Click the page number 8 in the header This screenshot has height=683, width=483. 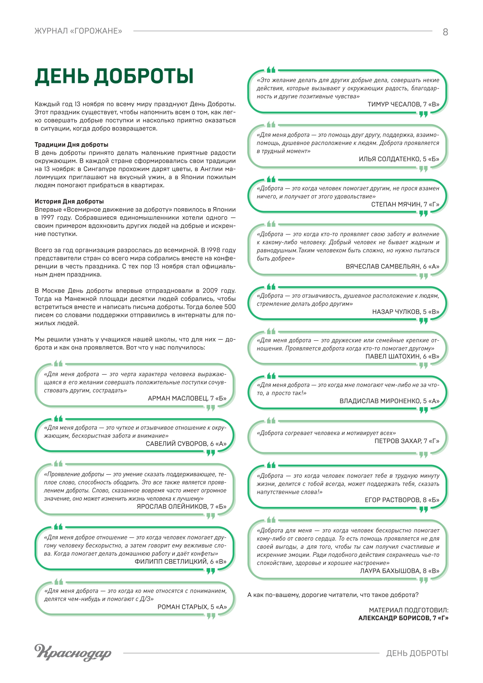(445, 32)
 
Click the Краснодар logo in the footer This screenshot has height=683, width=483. (73, 652)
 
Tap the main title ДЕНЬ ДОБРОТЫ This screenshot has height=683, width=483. (114, 76)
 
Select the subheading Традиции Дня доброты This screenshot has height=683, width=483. (71, 144)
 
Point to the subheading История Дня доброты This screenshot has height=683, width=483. (69, 201)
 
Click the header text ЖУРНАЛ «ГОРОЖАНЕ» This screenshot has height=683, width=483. (78, 31)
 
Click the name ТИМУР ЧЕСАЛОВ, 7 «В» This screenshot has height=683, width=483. (403, 104)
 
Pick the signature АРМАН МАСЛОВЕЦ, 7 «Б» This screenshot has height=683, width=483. (187, 398)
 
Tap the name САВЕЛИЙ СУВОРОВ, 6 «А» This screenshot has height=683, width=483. (186, 444)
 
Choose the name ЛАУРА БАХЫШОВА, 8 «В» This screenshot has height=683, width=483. (399, 571)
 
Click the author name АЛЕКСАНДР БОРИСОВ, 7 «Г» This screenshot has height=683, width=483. (403, 618)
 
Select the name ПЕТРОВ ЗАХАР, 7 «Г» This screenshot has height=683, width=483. (407, 441)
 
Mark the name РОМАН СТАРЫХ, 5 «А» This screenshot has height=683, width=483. (192, 607)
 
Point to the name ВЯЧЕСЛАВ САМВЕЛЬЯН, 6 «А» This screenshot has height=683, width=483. (392, 266)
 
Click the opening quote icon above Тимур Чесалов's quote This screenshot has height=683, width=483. (271, 70)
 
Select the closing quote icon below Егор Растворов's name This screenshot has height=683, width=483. (423, 509)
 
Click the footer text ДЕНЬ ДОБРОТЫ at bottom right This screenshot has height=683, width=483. (417, 653)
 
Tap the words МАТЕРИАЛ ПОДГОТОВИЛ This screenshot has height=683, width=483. (408, 610)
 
